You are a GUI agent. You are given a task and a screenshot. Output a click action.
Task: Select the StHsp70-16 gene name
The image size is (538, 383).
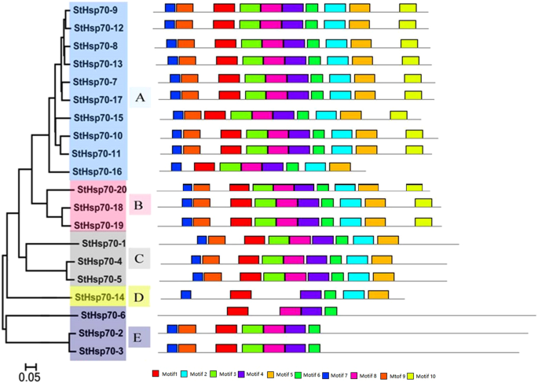[x=98, y=171]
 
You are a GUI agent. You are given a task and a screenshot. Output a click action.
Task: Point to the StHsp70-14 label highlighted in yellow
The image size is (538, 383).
[x=98, y=297]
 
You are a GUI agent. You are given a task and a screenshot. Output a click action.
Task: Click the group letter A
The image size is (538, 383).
[x=140, y=98]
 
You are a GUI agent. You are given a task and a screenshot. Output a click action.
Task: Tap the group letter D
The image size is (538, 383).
[x=138, y=297]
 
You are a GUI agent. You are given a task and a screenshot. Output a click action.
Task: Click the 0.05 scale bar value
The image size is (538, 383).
[x=30, y=377]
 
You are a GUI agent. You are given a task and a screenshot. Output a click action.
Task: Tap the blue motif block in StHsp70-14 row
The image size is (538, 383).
[x=186, y=295]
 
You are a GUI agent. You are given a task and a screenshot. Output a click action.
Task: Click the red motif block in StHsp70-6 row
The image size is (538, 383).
[x=238, y=312]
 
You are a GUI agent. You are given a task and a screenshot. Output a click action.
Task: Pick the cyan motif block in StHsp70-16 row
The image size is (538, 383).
[x=315, y=167]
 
